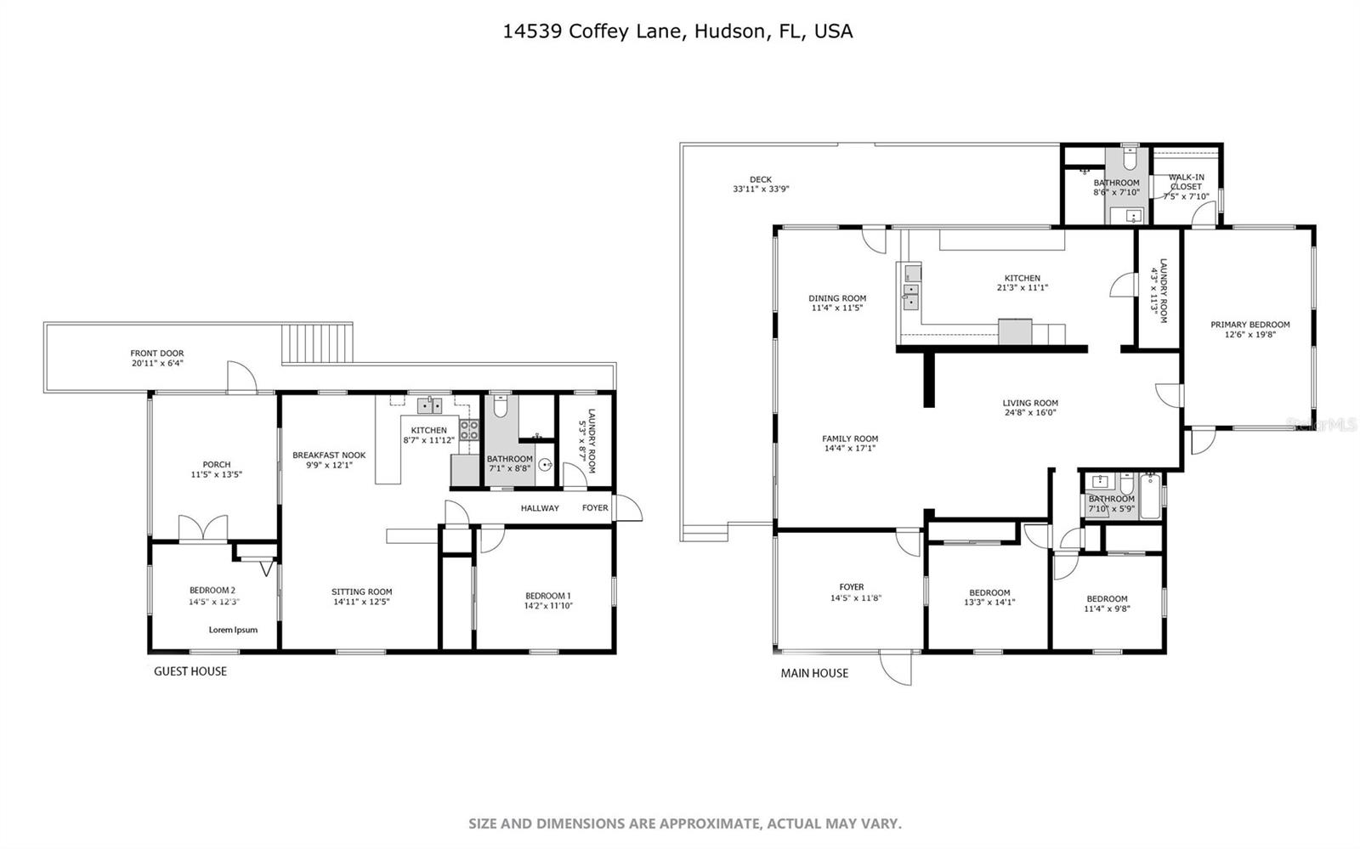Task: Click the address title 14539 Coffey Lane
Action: coord(677,31)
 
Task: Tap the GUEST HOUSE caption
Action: coord(190,671)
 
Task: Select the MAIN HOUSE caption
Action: coord(814,673)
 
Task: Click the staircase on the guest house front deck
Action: coord(316,343)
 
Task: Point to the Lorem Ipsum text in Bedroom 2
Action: coord(233,630)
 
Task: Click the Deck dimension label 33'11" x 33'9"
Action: coord(761,190)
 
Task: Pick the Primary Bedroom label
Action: coord(1249,325)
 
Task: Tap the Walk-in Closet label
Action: coord(1186,182)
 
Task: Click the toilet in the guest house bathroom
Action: coord(500,408)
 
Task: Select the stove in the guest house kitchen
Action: coord(469,430)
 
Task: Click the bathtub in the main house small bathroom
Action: coord(1150,496)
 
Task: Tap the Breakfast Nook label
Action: coord(329,456)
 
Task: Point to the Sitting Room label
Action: coord(361,592)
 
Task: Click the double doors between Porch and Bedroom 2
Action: coord(202,529)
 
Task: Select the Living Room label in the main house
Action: coord(1029,404)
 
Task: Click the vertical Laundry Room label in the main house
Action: coord(1159,291)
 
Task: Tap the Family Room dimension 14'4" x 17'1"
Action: coord(849,449)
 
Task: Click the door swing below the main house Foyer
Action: coord(897,667)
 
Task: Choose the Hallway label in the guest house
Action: coord(540,508)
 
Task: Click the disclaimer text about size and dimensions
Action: coord(685,824)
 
